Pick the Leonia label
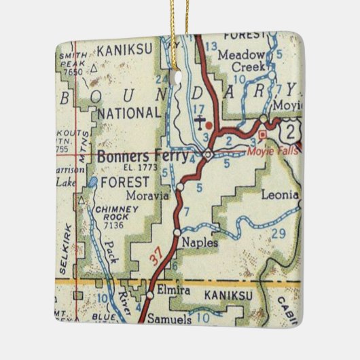pyautogui.click(x=279, y=195)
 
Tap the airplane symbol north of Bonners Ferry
pyautogui.click(x=199, y=123)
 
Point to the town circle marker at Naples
pyautogui.click(x=177, y=233)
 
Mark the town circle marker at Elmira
pyautogui.click(x=149, y=295)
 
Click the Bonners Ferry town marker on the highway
pyautogui.click(x=209, y=155)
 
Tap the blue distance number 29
pyautogui.click(x=278, y=234)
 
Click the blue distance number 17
pyautogui.click(x=198, y=107)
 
